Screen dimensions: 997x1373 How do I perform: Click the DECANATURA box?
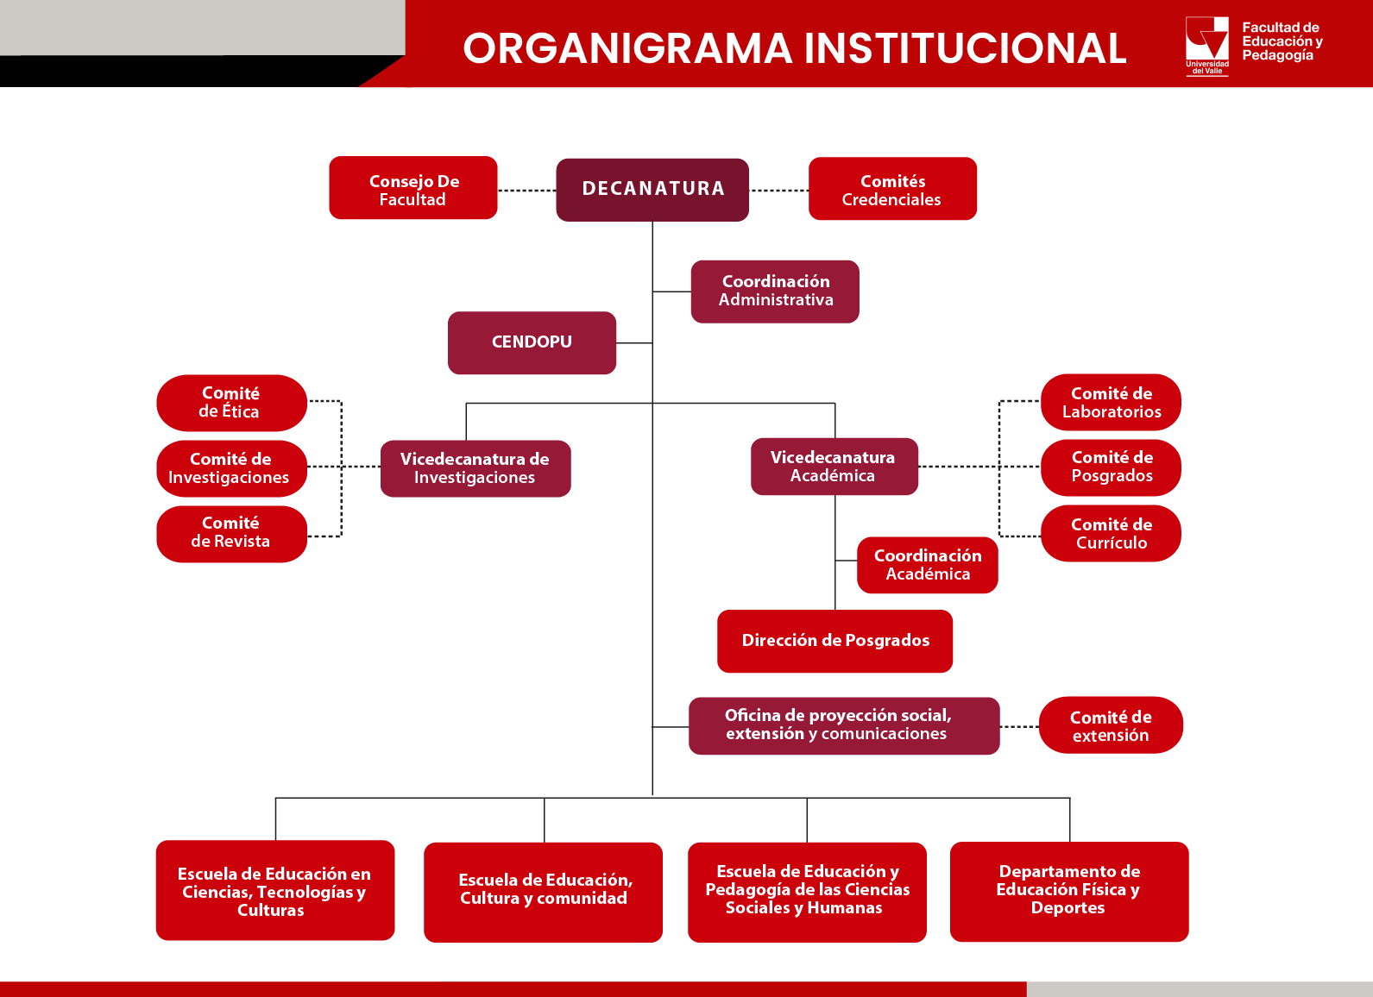pyautogui.click(x=652, y=189)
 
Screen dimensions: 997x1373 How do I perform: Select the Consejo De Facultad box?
pyautogui.click(x=413, y=189)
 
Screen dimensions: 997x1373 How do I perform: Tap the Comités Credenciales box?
pyautogui.click(x=892, y=189)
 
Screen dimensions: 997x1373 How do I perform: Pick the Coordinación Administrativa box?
pyautogui.click(x=775, y=292)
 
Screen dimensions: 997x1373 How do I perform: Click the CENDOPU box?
pyautogui.click(x=532, y=342)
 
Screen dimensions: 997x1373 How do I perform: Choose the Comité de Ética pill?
pyautogui.click(x=231, y=403)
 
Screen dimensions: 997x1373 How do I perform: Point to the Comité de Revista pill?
pyautogui.click(x=231, y=533)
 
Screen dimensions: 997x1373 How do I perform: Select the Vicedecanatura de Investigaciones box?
pyautogui.click(x=475, y=468)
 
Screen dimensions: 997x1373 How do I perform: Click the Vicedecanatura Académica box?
pyautogui.click(x=834, y=467)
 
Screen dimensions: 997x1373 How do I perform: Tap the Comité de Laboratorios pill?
pyautogui.click(x=1111, y=403)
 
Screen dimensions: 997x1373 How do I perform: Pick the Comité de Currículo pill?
pyautogui.click(x=1111, y=534)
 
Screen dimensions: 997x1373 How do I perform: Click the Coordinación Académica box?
pyautogui.click(x=928, y=565)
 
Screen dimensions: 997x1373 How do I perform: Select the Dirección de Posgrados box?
pyautogui.click(x=835, y=641)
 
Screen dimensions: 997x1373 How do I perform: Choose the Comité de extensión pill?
pyautogui.click(x=1111, y=726)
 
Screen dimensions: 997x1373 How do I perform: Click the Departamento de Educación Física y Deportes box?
pyautogui.click(x=1068, y=890)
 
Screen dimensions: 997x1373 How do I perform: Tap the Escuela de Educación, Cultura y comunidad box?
pyautogui.click(x=544, y=890)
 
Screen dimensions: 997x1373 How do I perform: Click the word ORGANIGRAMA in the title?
pyautogui.click(x=627, y=48)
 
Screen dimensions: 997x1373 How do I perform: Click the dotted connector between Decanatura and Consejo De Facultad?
pyautogui.click(x=526, y=191)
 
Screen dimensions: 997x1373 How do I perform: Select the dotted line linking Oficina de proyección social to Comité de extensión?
pyautogui.click(x=1019, y=727)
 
